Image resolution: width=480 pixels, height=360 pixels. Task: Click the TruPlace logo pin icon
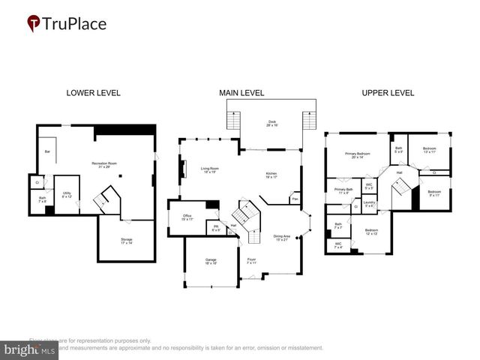tap(34, 24)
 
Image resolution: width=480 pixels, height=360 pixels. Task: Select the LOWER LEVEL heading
tap(93, 93)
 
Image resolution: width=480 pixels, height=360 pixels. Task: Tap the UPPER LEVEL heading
tap(388, 93)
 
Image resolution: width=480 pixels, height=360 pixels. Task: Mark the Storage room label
tap(126, 241)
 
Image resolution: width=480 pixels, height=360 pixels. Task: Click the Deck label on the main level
tap(271, 123)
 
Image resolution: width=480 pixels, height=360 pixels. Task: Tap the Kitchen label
tap(271, 175)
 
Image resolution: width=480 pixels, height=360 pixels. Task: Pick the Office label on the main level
tap(187, 217)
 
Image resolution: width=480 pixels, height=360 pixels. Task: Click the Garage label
tap(211, 262)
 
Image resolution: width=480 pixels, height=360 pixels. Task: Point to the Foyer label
tap(251, 261)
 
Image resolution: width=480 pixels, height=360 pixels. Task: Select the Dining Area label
tap(282, 238)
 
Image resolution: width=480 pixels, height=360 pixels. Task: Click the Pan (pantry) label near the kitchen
tap(295, 199)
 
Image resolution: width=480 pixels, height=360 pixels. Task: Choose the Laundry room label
tap(368, 203)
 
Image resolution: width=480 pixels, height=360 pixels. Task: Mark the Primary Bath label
tap(344, 191)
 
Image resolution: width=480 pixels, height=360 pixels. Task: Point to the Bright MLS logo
tap(30, 349)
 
